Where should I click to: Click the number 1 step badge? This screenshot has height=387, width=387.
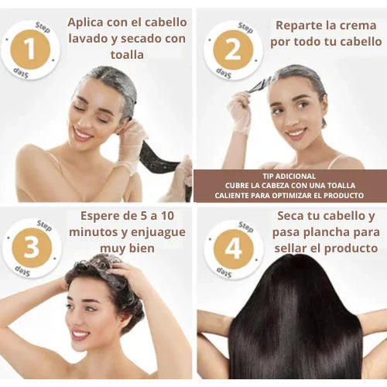click(32, 50)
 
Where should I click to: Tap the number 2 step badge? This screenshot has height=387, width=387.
click(233, 50)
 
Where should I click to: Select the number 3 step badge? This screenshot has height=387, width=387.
click(32, 248)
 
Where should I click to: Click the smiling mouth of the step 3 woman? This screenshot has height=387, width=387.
click(80, 335)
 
